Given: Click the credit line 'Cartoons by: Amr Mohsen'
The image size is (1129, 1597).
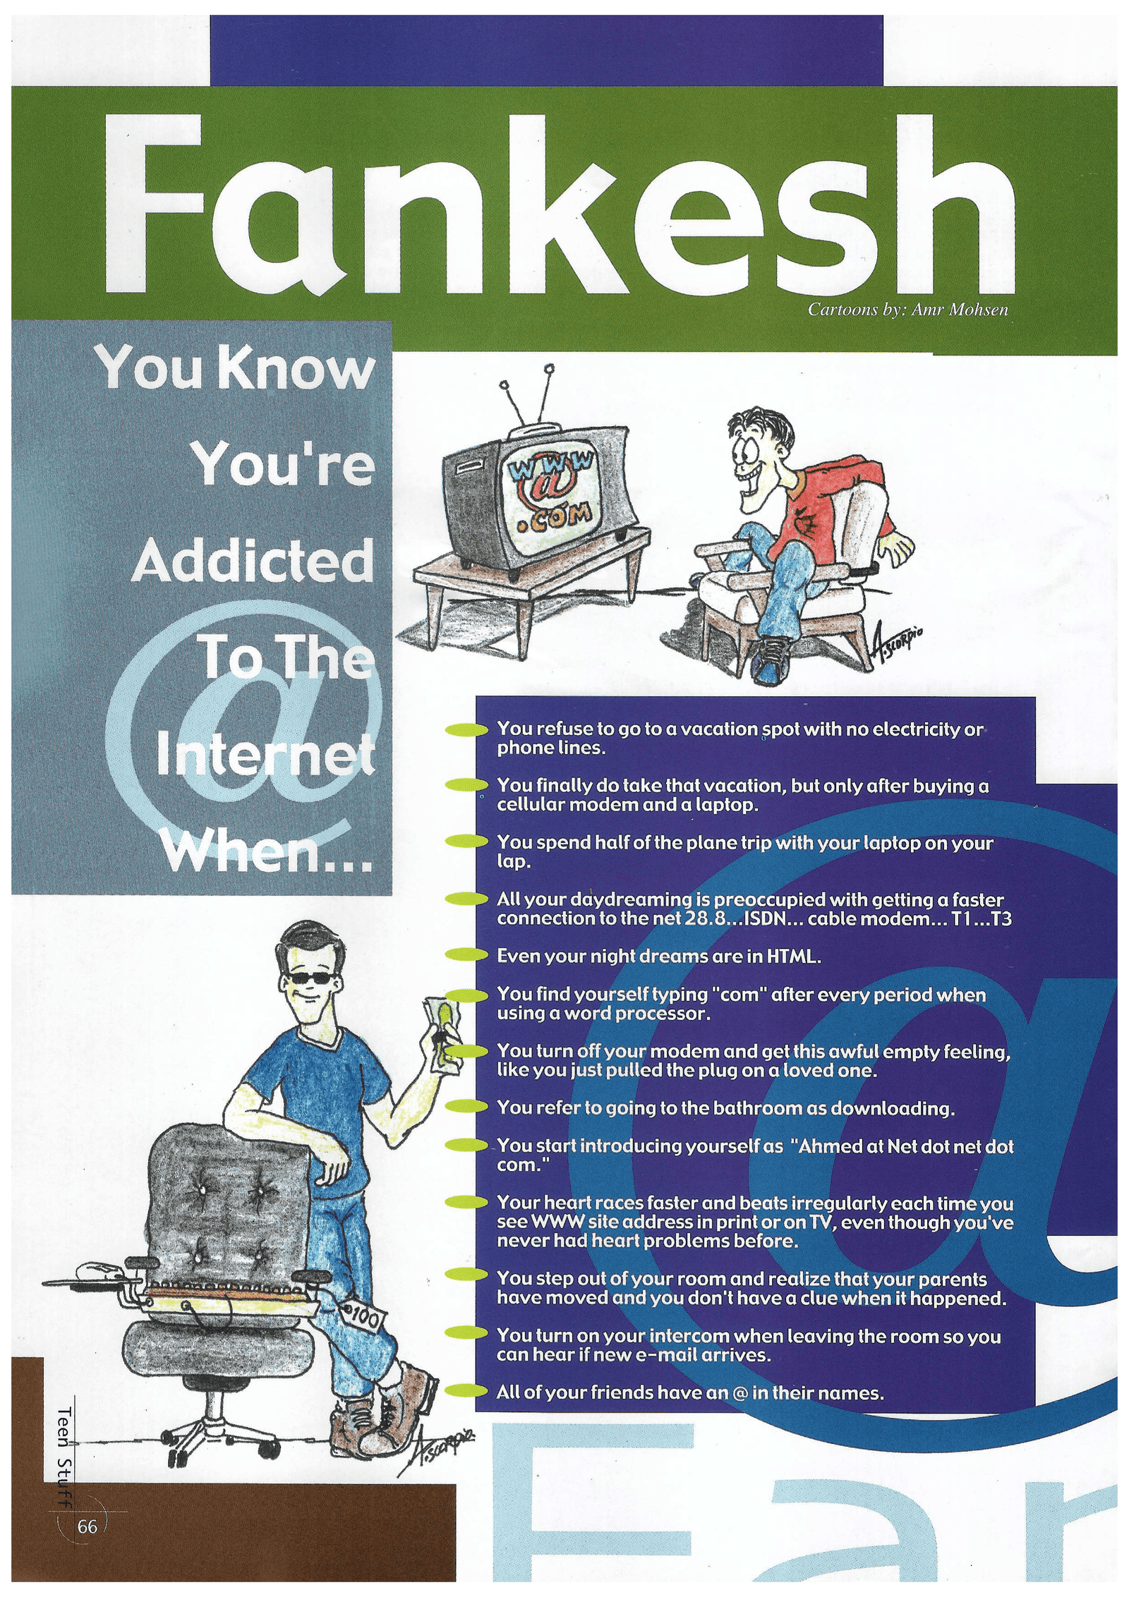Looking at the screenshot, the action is pyautogui.click(x=908, y=310).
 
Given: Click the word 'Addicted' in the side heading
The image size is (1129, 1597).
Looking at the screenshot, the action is pyautogui.click(x=252, y=561).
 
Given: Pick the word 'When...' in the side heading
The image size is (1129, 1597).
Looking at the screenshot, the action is pyautogui.click(x=266, y=854).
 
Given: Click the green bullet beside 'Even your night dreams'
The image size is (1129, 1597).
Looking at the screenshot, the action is pyautogui.click(x=466, y=956).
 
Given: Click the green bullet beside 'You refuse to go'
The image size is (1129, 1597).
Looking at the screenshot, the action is pyautogui.click(x=466, y=729).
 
